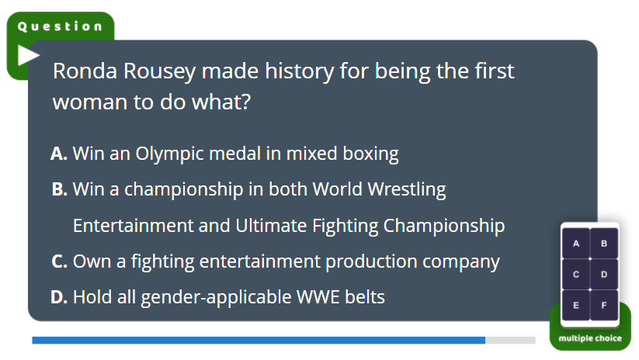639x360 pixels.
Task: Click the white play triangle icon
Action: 28,55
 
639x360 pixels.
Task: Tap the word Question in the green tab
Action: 60,26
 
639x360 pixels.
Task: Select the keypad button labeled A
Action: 576,243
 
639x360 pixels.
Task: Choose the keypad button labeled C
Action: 576,274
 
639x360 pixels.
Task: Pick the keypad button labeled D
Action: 604,274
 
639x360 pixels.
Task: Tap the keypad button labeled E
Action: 576,305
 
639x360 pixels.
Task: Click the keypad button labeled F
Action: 604,305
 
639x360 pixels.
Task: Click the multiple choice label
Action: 590,338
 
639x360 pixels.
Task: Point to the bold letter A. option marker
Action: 59,154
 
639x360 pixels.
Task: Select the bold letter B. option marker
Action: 60,189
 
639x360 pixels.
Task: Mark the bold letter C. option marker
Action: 60,261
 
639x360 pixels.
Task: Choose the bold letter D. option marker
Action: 59,297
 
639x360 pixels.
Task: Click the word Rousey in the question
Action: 159,71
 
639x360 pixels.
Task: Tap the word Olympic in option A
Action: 169,154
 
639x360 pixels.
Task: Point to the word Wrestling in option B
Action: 407,190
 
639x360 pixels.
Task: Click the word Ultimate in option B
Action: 271,226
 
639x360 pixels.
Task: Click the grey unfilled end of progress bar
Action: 510,340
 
